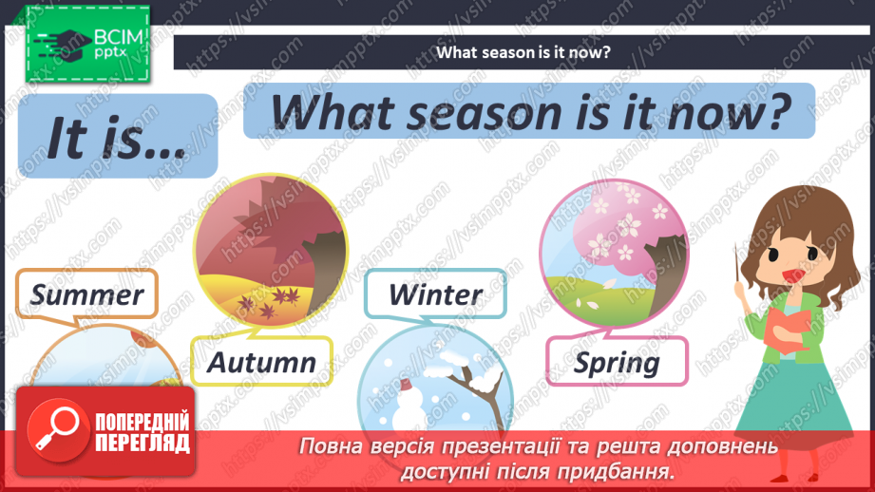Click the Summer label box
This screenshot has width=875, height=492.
tap(87, 294)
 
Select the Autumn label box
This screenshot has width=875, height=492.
tap(261, 362)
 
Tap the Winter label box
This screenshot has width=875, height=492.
tap(435, 294)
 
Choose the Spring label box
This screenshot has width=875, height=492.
tap(617, 362)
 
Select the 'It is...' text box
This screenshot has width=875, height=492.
tap(118, 142)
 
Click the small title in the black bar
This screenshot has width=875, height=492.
tap(523, 52)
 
